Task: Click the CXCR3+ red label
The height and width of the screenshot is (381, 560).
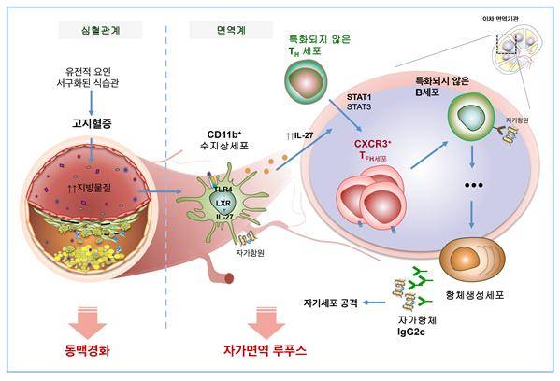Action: [x=375, y=146]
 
